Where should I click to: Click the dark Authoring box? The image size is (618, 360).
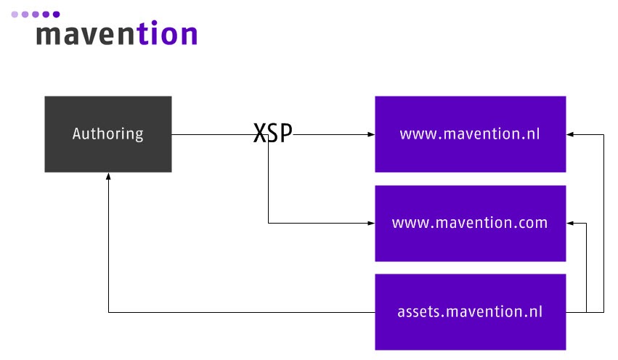(x=108, y=134)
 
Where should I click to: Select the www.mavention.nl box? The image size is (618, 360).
(x=470, y=134)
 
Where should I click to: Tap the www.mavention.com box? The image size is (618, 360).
(x=470, y=224)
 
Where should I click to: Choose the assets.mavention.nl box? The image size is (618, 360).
(x=470, y=312)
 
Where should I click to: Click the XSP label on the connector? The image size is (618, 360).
(x=273, y=133)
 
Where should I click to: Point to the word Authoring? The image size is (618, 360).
(x=108, y=134)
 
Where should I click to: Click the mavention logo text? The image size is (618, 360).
(x=117, y=33)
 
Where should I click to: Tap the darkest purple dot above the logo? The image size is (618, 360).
(x=57, y=15)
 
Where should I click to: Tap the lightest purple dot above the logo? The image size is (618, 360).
(x=15, y=15)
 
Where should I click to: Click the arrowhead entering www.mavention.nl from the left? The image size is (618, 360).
(x=371, y=135)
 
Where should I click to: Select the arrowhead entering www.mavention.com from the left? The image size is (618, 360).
(x=371, y=224)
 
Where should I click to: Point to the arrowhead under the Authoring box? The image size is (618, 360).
(x=108, y=176)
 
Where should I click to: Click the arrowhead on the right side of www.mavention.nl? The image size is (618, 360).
(x=570, y=135)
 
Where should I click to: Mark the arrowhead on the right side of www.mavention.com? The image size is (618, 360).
(x=570, y=224)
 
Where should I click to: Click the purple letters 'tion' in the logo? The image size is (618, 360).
(x=168, y=33)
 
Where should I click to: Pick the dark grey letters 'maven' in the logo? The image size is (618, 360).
(x=86, y=36)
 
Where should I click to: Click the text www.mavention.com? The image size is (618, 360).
(x=470, y=223)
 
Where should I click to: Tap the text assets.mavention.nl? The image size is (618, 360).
(x=470, y=311)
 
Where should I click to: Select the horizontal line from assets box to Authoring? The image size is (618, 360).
(x=242, y=312)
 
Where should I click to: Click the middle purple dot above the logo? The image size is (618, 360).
(x=36, y=15)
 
